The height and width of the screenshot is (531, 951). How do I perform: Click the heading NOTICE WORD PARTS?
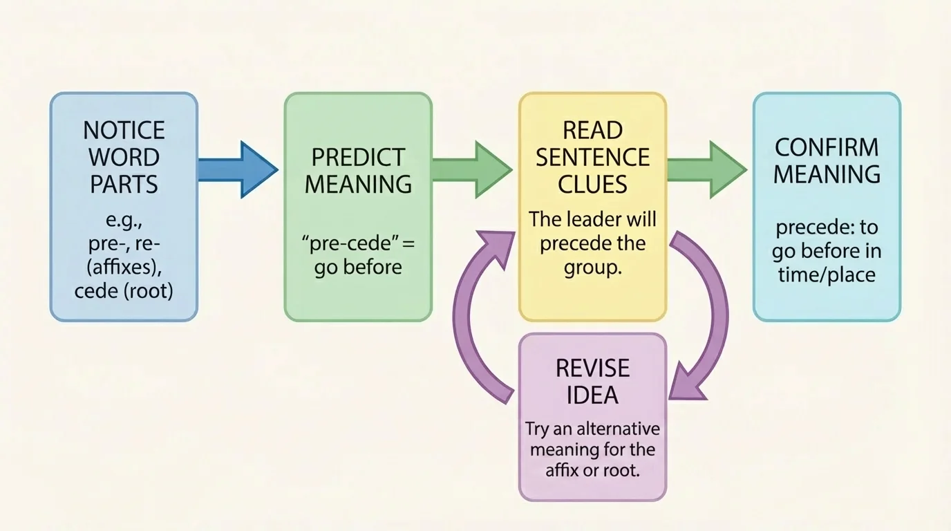pos(124,157)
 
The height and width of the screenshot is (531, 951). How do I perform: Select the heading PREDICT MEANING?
pos(358,170)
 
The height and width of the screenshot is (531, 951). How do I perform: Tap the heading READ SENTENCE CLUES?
pos(592,157)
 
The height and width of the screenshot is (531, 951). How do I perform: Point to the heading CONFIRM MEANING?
pos(827,160)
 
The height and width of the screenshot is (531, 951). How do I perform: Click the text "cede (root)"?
pos(124,291)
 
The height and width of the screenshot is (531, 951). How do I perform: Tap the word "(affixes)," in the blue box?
pos(124,268)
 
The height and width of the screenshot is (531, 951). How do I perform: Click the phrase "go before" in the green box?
pos(358,268)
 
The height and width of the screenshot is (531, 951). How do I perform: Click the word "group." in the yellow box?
pos(592,268)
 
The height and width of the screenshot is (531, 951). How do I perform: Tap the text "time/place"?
pos(827,274)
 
